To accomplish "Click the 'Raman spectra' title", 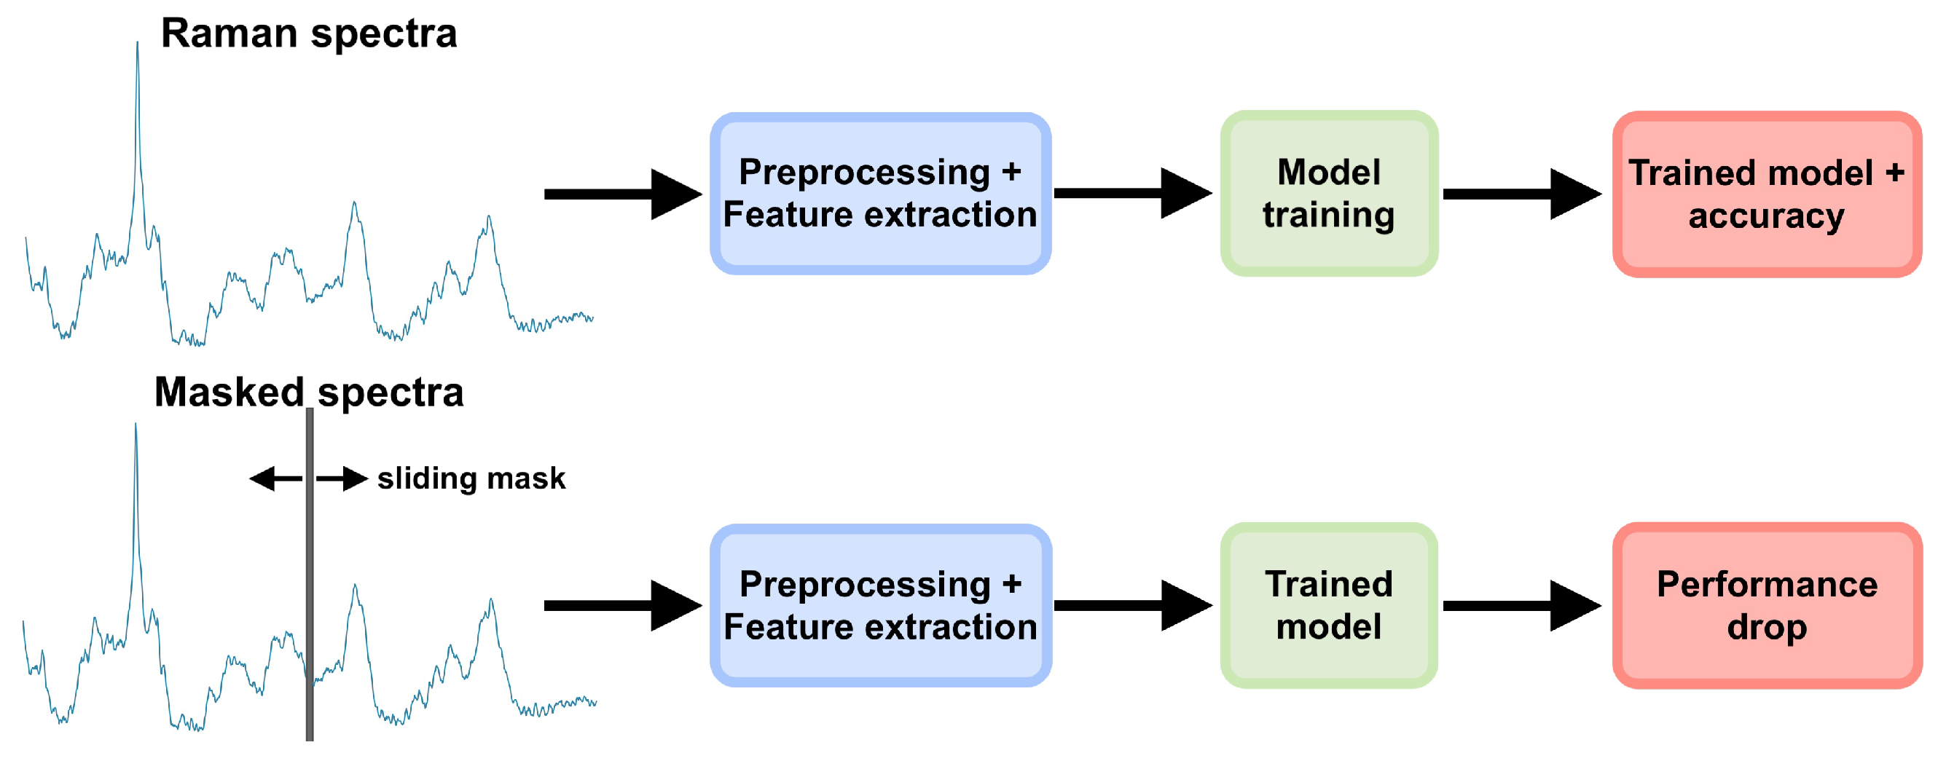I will coord(308,33).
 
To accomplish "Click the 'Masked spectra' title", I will coord(308,393).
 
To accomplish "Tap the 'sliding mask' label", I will coord(471,478).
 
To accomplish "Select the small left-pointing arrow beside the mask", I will coord(274,478).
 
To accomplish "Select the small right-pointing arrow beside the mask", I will coord(343,478).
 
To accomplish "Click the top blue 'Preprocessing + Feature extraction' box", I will coord(879,194).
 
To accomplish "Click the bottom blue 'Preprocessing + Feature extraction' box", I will coord(879,605).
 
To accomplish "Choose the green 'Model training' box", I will coord(1329,194).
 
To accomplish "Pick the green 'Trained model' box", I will coord(1329,605).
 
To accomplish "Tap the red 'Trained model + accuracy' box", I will coord(1767,194).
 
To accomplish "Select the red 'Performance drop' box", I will coord(1767,605).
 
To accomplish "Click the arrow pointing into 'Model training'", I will coord(1131,193).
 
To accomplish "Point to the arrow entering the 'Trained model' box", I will coord(1131,605).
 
